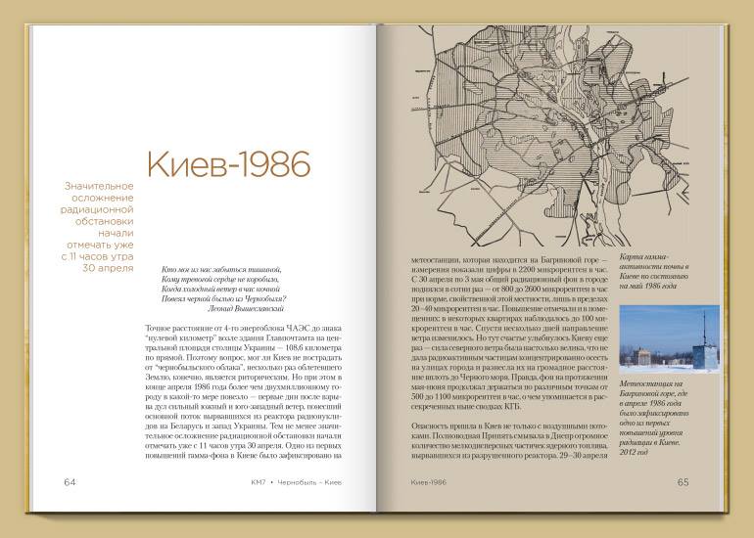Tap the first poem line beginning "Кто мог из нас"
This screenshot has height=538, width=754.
click(221, 268)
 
